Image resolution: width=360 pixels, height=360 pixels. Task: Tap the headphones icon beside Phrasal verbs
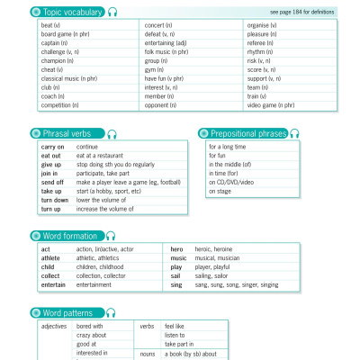click(112, 133)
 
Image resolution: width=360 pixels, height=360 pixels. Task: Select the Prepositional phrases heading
click(247, 133)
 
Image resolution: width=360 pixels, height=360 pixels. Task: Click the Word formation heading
click(71, 236)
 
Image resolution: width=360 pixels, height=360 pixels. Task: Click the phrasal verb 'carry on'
click(52, 146)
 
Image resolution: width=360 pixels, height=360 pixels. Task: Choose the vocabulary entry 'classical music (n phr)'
click(68, 78)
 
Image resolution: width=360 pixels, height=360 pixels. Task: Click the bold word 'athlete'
click(50, 258)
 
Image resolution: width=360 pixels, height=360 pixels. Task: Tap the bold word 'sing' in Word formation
click(175, 284)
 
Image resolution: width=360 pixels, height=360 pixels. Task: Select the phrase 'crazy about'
click(92, 335)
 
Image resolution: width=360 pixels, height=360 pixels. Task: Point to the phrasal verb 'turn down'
click(54, 200)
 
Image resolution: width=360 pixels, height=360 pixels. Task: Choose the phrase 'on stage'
click(220, 192)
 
